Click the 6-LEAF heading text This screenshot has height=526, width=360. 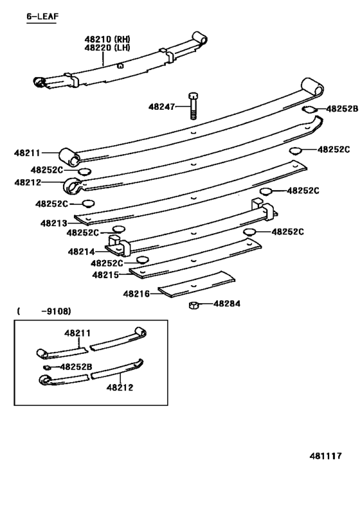click(42, 17)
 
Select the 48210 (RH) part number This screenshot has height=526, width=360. click(107, 39)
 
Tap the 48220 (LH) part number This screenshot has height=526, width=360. click(107, 48)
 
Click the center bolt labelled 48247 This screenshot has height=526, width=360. click(193, 105)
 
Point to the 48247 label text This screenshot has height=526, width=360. click(161, 107)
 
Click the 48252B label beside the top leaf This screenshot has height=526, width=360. click(342, 109)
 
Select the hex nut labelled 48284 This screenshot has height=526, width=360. click(194, 305)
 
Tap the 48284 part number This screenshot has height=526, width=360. click(227, 304)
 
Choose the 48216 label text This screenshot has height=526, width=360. click(136, 294)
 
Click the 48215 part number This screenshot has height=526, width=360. click(105, 275)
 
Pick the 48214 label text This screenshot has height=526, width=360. click(81, 252)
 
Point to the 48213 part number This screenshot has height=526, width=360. click(54, 223)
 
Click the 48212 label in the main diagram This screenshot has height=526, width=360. click(28, 182)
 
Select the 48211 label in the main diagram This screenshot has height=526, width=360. click(27, 153)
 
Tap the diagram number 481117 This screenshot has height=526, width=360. click(325, 456)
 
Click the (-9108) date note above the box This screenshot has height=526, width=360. click(44, 311)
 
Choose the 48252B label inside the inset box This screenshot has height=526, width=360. click(76, 367)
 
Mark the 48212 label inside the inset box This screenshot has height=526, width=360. click(120, 387)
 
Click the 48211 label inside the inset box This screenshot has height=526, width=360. click(78, 333)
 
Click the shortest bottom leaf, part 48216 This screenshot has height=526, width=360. click(196, 284)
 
